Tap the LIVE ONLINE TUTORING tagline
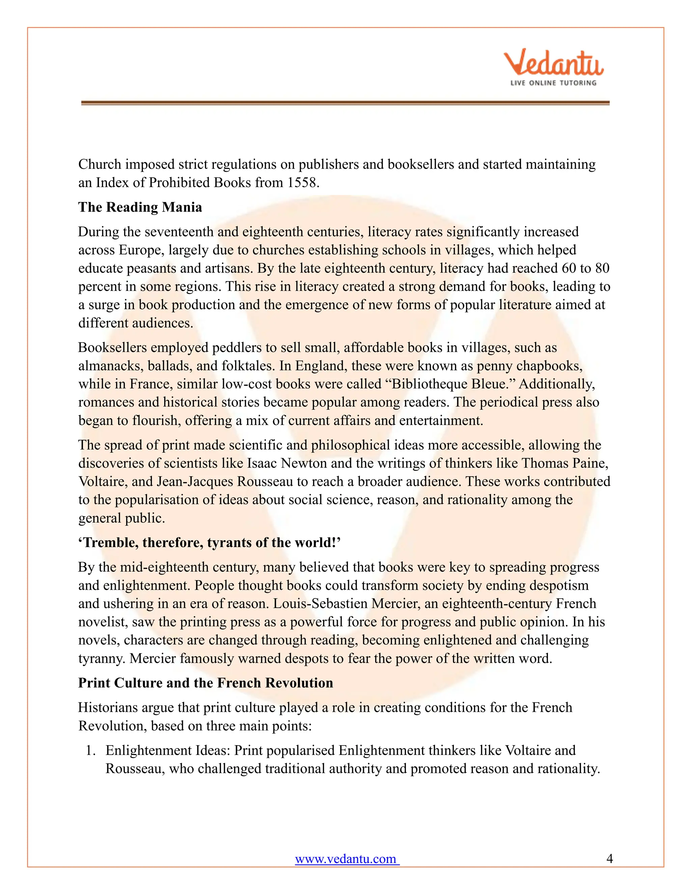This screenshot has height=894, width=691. point(553,83)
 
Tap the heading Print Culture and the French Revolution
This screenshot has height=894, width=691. point(205,683)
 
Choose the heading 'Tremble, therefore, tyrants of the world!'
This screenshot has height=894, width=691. point(209,543)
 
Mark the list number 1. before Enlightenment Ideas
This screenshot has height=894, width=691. point(91,751)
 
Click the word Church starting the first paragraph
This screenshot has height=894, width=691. point(100,165)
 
